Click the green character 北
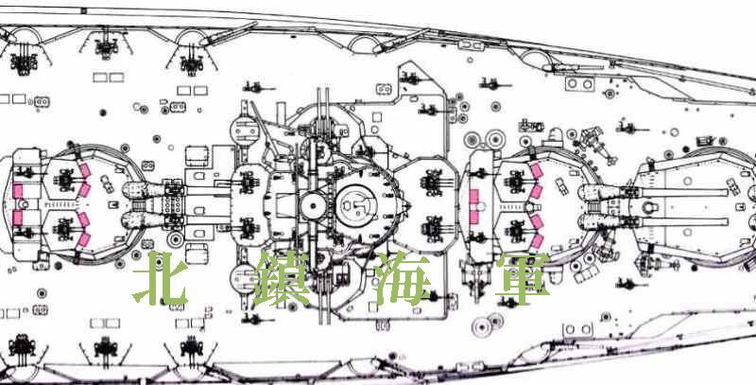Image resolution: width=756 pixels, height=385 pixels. point(160,279)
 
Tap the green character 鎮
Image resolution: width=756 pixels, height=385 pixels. point(282,279)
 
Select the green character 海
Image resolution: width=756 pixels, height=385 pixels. point(403,279)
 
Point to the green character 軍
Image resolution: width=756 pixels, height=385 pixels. point(523,279)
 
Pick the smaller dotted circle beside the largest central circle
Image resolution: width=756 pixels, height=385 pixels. point(313,206)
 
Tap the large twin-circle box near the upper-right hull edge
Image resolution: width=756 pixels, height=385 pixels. point(579,83)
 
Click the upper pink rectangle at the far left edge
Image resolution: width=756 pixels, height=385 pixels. point(18,191)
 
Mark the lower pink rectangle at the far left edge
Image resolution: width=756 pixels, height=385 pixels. point(18,218)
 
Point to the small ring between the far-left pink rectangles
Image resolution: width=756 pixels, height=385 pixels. point(18,204)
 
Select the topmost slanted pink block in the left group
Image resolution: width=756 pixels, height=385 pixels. point(85,170)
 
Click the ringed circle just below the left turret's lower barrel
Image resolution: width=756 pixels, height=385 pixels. point(175,238)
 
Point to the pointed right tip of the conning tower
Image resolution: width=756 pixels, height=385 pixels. point(409,205)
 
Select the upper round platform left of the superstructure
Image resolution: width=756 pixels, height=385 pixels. point(244,129)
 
